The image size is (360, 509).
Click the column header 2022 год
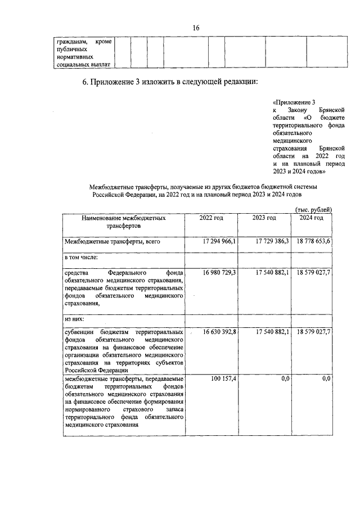tap(211, 218)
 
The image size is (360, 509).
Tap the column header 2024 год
tap(311, 218)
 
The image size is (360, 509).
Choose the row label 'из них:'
tap(75, 319)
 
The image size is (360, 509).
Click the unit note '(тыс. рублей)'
tap(313, 209)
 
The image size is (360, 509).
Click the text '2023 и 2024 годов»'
tap(299, 173)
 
